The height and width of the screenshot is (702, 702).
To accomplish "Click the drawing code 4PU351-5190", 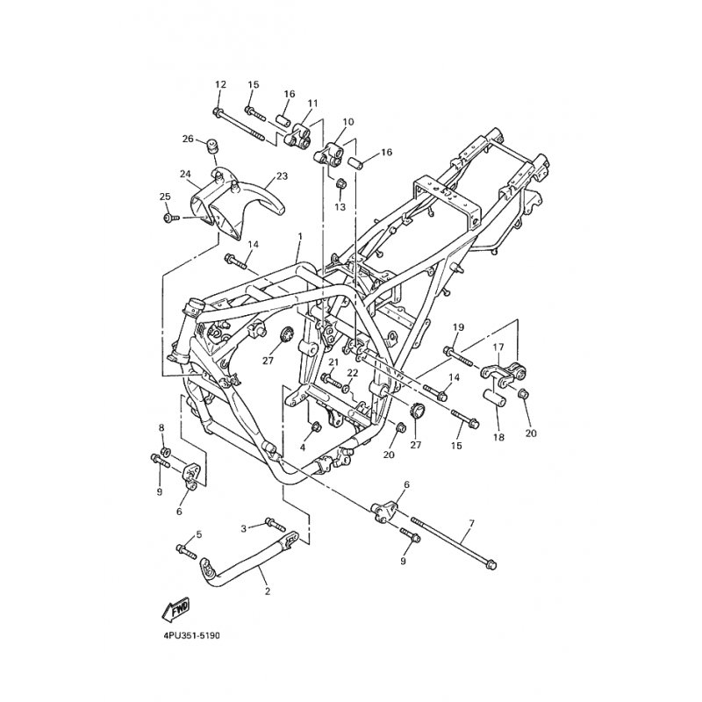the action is coord(189,635).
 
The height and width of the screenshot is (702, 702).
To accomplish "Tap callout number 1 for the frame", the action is coord(300,235).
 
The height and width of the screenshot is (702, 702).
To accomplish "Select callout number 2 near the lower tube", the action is coord(268,591).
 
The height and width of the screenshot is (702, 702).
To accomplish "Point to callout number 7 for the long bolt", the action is coord(471,523).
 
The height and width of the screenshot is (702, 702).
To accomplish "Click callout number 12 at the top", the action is coord(221,84).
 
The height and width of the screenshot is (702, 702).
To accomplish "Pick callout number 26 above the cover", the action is coord(188,139).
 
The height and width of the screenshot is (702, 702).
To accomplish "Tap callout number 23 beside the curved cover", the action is coord(282,176).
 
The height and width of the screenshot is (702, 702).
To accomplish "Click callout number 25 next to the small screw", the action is coord(165,196).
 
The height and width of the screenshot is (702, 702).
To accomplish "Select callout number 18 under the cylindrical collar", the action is coord(498,437).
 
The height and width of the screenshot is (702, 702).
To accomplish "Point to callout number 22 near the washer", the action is coord(353,372).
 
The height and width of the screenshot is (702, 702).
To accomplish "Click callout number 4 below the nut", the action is coord(303,447).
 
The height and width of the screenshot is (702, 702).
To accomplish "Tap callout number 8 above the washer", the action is coord(162,427).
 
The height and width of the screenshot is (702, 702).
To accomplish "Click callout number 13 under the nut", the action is coord(340,207).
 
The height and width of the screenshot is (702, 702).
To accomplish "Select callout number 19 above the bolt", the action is coord(458,326).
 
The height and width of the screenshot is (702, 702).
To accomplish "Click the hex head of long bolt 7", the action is coord(491,565).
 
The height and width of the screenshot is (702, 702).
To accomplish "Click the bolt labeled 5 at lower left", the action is coord(186,551).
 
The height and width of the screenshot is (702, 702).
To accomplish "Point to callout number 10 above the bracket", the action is coord(347,121).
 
